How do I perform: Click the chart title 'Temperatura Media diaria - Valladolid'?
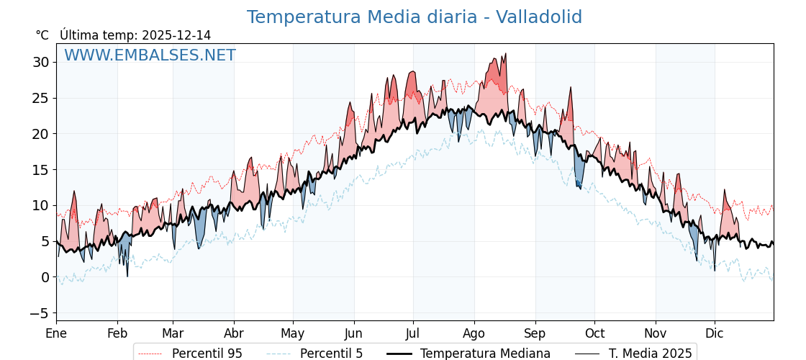tap(414, 17)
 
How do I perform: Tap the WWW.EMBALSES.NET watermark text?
tap(150, 55)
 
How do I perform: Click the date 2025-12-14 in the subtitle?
tap(176, 35)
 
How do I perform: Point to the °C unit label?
tap(42, 35)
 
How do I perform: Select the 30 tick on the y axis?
tap(40, 62)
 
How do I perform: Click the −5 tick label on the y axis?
tap(39, 313)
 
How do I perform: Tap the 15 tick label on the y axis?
tap(40, 170)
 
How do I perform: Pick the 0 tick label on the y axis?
tap(45, 277)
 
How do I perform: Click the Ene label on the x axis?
tap(56, 333)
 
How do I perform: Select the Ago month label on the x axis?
tap(474, 333)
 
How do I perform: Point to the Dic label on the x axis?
tap(715, 333)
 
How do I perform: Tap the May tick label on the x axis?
tap(293, 333)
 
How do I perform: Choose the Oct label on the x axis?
tap(594, 333)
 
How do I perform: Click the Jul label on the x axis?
tap(413, 333)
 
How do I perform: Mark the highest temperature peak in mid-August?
tap(506, 54)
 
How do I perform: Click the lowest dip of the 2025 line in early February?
tap(127, 276)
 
